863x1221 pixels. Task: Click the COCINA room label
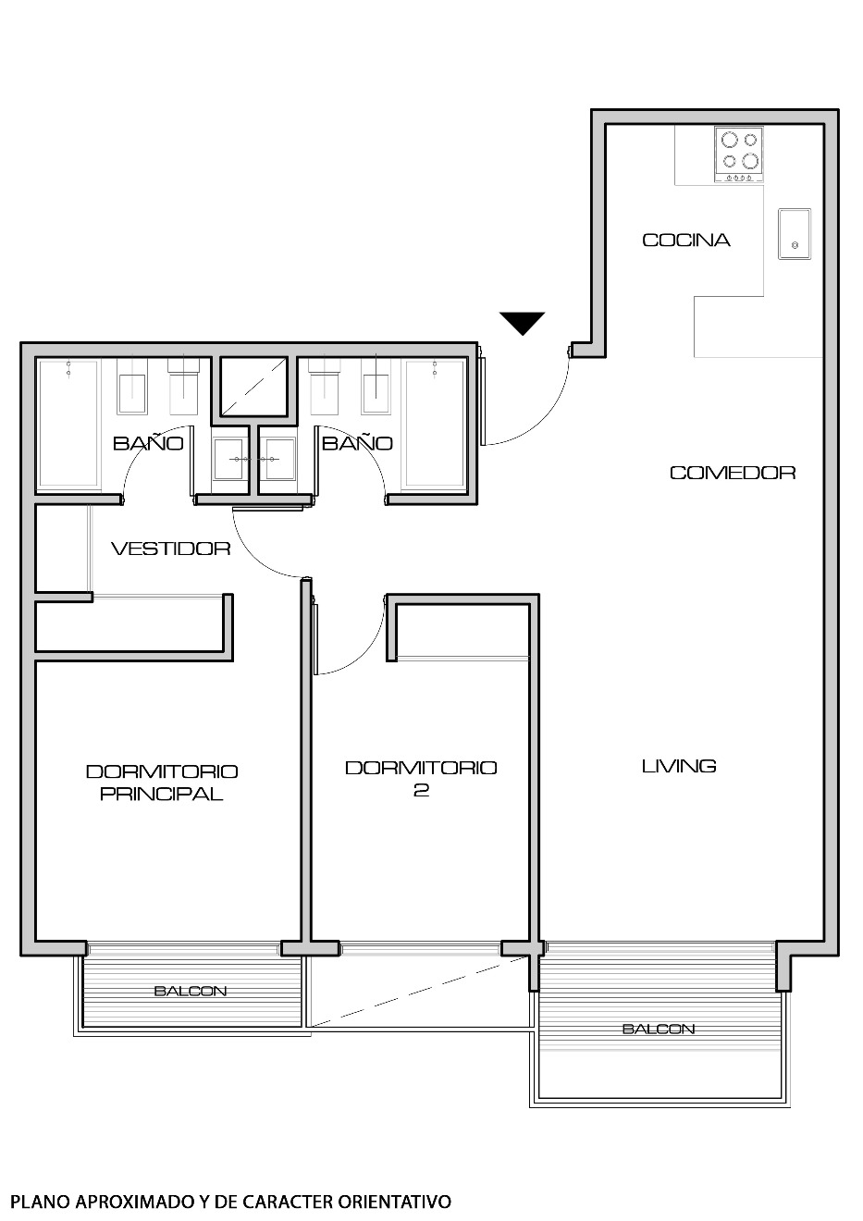click(686, 240)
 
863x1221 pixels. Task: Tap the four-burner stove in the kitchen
click(739, 153)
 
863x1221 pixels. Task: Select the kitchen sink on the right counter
click(795, 235)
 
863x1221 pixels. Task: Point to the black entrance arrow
click(523, 323)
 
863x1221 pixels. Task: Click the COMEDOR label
click(733, 473)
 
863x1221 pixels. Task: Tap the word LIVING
click(679, 766)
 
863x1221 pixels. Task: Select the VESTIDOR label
click(170, 549)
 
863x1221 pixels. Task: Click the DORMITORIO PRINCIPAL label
click(162, 783)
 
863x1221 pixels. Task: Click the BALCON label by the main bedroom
click(190, 992)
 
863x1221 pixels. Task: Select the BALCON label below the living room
click(659, 1029)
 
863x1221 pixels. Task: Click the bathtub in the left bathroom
click(68, 424)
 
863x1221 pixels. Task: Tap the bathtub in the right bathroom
click(435, 424)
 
